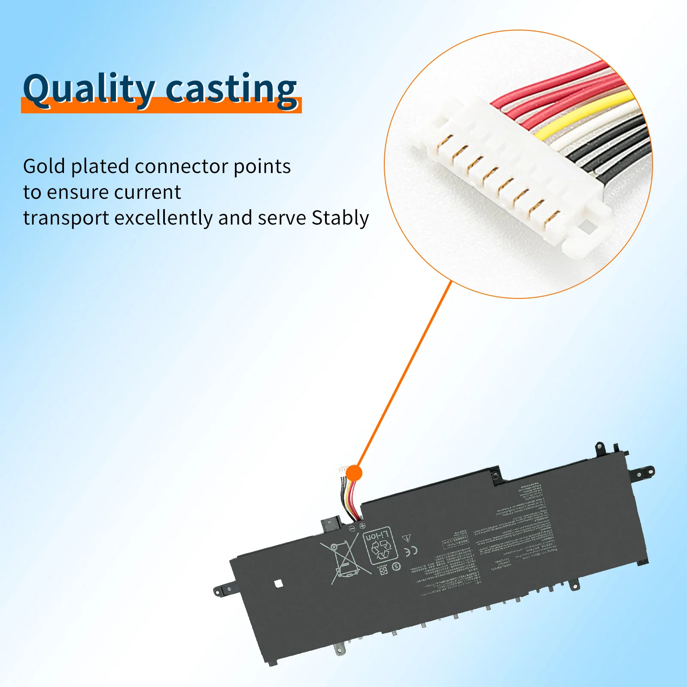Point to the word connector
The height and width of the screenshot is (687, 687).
(x=181, y=167)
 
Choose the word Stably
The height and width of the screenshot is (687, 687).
(x=340, y=218)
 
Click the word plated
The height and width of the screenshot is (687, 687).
(x=100, y=167)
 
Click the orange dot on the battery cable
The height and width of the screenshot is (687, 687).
(x=354, y=473)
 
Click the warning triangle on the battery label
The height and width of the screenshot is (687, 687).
(x=406, y=538)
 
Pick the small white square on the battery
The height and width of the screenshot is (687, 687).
(x=278, y=583)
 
